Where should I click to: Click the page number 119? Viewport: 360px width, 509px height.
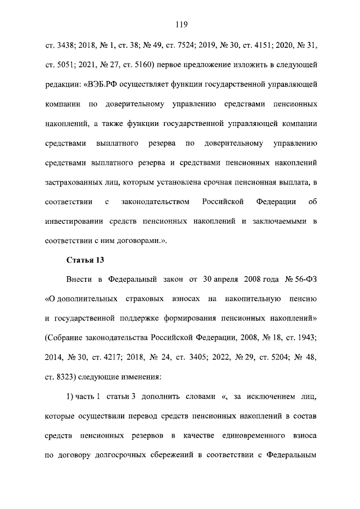[x=181, y=24]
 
